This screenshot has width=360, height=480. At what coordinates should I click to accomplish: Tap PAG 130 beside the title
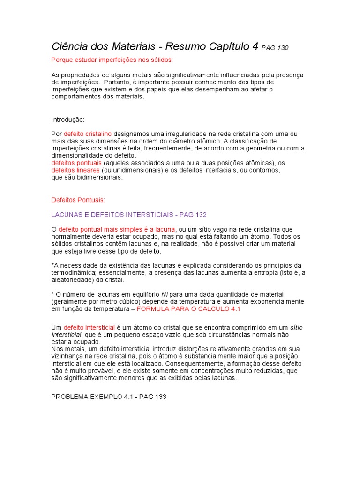tap(275, 48)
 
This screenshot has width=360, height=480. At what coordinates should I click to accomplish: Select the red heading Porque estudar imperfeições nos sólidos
tap(112, 60)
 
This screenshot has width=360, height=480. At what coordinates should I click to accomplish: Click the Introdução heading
tap(67, 120)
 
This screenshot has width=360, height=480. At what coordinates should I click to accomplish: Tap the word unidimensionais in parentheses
tap(137, 170)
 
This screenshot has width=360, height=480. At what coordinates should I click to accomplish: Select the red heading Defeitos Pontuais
tap(78, 200)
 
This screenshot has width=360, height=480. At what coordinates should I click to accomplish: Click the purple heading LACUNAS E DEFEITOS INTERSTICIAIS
tap(111, 214)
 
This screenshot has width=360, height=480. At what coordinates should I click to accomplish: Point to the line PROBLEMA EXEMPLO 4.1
tap(89, 397)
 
